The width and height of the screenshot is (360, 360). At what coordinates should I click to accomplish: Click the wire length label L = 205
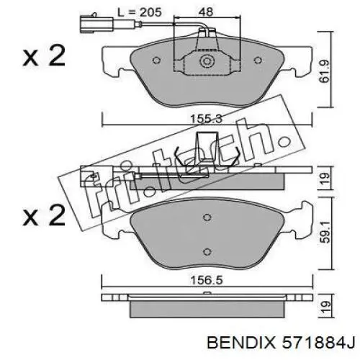tap(139, 12)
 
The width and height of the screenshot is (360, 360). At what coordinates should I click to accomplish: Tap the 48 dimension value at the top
tap(206, 12)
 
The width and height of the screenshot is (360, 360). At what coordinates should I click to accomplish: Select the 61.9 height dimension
tap(325, 71)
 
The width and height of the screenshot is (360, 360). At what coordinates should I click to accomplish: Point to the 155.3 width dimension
tap(207, 119)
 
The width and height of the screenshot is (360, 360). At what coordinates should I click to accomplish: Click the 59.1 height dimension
tap(326, 232)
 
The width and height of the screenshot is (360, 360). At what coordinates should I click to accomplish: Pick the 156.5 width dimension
tap(207, 280)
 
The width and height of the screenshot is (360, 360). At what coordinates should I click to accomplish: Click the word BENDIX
tap(241, 343)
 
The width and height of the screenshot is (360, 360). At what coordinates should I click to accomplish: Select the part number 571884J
tap(318, 343)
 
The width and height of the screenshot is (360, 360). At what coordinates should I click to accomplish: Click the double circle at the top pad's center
tap(207, 61)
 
